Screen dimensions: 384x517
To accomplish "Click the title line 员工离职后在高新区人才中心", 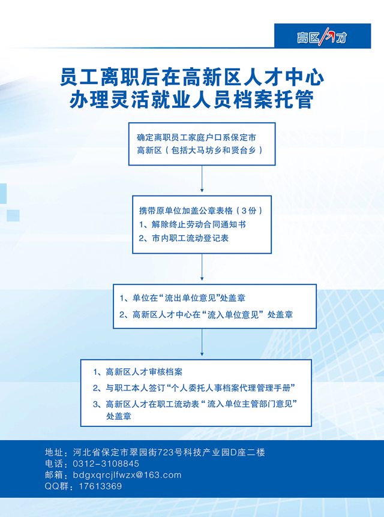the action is (x=193, y=77).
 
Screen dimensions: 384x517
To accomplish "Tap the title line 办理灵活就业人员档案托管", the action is (x=191, y=99).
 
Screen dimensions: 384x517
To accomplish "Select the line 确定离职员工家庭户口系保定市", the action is (x=196, y=137).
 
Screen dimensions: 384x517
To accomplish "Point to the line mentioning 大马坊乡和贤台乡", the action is (x=200, y=151).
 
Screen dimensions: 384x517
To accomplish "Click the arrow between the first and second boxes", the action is (x=202, y=179).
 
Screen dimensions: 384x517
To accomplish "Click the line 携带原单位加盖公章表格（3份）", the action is (x=201, y=211).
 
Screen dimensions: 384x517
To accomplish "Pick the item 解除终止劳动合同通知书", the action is (x=193, y=224).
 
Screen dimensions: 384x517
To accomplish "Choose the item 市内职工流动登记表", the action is (x=184, y=238).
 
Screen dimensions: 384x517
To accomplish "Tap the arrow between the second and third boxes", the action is (x=202, y=267).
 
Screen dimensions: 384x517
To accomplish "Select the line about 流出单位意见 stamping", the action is (x=182, y=298).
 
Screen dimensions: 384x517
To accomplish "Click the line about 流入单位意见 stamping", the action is (x=206, y=314).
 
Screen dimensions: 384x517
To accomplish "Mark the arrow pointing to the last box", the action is (x=202, y=342).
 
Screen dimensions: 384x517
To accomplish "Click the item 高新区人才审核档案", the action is (x=137, y=372).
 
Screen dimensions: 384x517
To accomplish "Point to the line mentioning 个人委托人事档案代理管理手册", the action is (x=194, y=387).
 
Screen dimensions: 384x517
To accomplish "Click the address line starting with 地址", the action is (x=155, y=452).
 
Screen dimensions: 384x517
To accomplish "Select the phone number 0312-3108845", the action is (x=106, y=464).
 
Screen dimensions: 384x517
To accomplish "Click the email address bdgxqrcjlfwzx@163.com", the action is (x=127, y=475).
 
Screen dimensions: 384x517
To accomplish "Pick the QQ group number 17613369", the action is (x=100, y=486).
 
